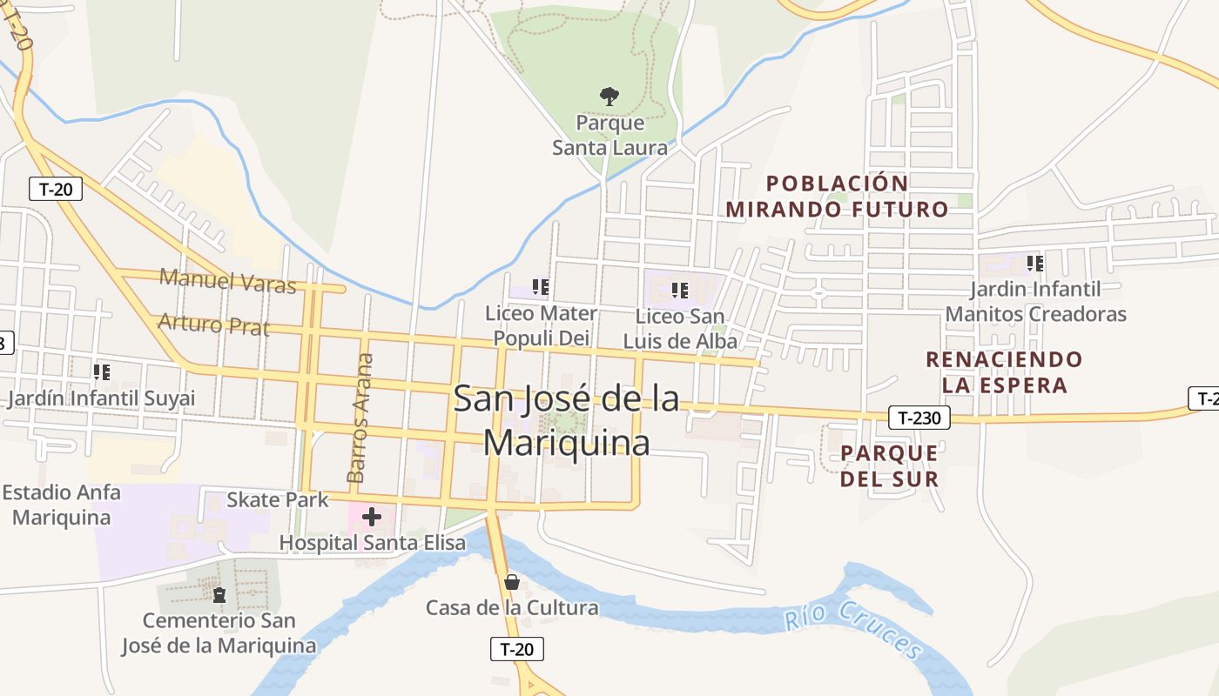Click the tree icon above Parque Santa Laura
(609, 96)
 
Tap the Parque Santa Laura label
(609, 135)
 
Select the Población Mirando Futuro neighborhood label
(837, 196)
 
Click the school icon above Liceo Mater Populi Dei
(540, 286)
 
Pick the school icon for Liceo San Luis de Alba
(680, 290)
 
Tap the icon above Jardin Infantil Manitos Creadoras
(1034, 263)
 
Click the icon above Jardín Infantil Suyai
(102, 372)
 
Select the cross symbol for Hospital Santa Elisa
(372, 517)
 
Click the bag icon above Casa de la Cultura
(512, 581)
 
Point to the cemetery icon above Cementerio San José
(219, 595)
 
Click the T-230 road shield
(919, 418)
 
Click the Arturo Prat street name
(213, 325)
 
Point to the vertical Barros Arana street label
(360, 418)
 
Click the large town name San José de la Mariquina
(566, 420)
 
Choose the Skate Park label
(278, 499)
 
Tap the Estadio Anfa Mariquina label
(61, 505)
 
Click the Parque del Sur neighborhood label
(889, 465)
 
